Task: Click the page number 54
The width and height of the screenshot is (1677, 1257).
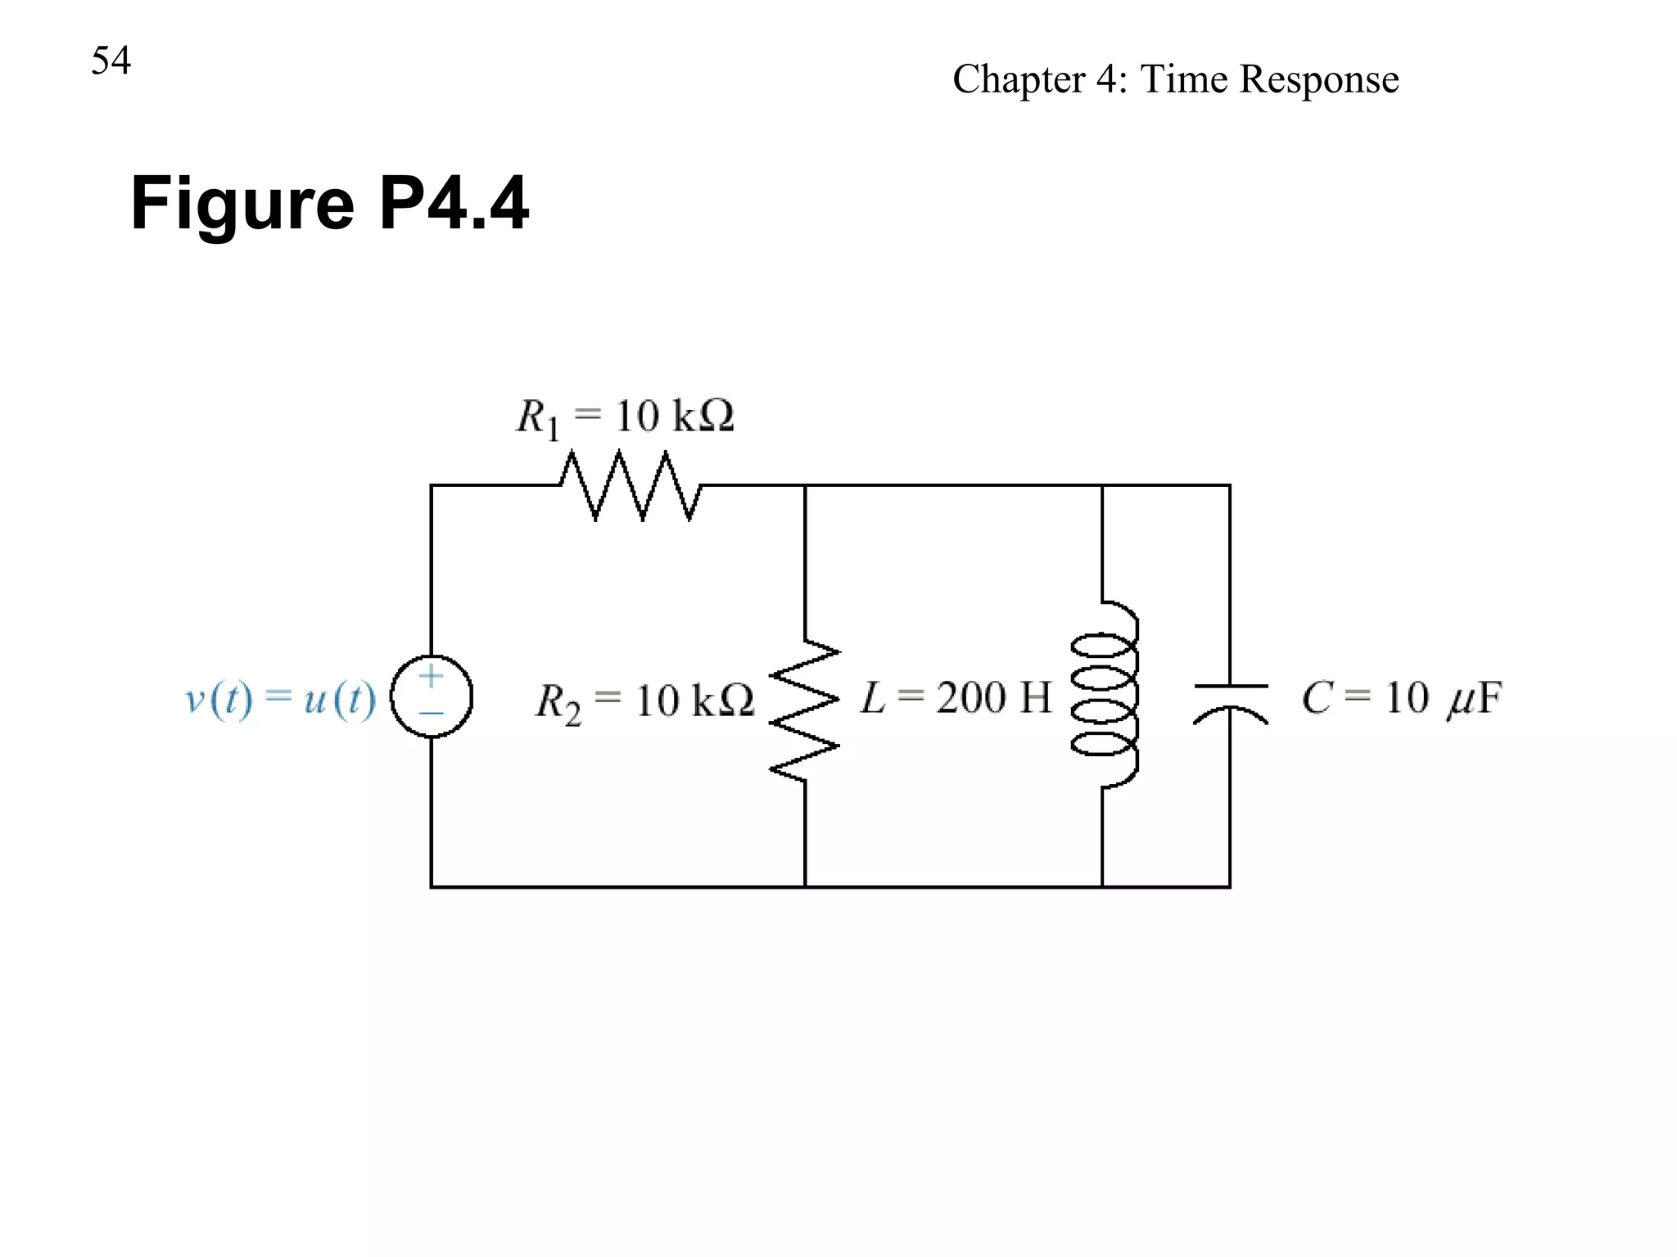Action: coord(111,61)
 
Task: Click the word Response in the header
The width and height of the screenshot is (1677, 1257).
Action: coord(1318,79)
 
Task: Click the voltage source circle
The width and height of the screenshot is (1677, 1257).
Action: coord(432,696)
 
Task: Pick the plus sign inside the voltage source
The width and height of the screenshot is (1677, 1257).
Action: coord(431,676)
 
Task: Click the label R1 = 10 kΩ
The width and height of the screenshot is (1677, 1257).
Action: coord(625,417)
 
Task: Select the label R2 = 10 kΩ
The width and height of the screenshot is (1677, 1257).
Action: coord(644,701)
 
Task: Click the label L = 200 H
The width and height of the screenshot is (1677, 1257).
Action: coord(956,698)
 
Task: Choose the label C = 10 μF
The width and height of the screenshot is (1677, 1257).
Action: coord(1401,699)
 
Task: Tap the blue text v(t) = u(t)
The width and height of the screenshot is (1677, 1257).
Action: coord(281,699)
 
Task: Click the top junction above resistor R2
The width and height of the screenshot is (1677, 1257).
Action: coord(805,486)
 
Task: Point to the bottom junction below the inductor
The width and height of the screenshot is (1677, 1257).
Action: coord(1102,886)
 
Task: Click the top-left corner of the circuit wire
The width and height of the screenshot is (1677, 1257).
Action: coord(432,486)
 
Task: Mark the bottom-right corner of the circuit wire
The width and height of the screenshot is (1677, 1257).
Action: coord(1230,886)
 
